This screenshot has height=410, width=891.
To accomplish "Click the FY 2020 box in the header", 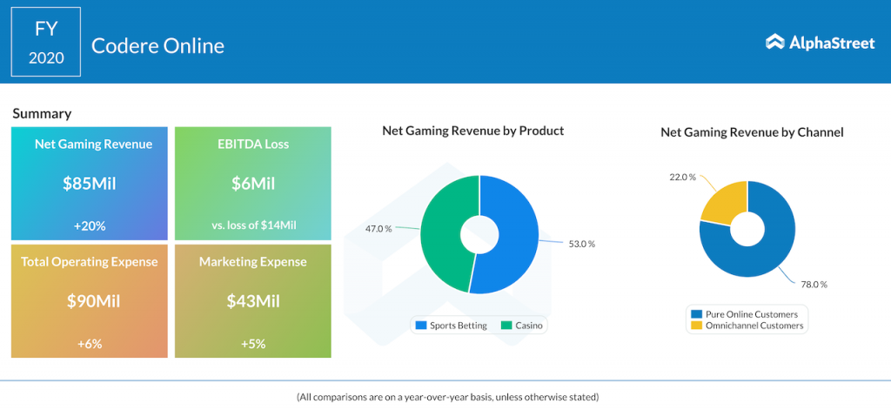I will pos(46,42).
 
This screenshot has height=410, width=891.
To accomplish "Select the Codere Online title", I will pos(157,45).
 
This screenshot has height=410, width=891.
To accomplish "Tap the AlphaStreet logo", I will pos(820,42).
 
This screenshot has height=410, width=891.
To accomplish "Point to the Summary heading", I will pos(42,113).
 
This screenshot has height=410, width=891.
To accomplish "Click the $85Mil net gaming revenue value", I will pos(89,184).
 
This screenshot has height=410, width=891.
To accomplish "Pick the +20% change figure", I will pos(89,225).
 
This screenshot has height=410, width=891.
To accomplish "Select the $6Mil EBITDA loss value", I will pos(253,184).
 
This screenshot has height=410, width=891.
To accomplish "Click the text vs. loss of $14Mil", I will pos(253,225).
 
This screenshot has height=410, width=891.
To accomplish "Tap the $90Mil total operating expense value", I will pos(89,301).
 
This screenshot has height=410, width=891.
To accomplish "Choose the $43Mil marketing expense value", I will pos(253,301).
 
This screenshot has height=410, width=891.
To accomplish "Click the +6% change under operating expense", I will pos(89,343).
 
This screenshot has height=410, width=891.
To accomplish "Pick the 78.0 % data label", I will pos(813,284).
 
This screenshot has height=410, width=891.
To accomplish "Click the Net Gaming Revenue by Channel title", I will pos(752,132).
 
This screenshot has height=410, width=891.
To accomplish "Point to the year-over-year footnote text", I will pos(447,397).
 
